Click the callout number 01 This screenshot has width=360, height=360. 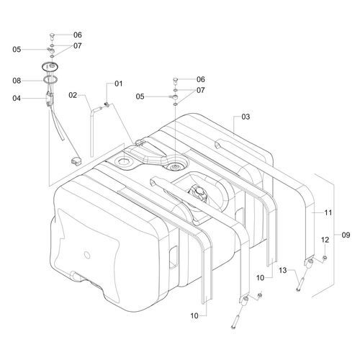tap(119, 84)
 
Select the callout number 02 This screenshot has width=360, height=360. tap(73, 95)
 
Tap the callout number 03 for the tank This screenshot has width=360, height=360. tap(246, 117)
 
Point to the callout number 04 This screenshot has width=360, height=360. tap(17, 98)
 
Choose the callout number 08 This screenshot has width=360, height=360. tap(17, 81)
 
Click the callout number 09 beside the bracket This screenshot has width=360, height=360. tap(346, 235)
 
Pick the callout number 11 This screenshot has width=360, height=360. tap(328, 212)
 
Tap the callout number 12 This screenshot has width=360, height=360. tap(325, 240)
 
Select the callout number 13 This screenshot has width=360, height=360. tap(283, 271)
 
